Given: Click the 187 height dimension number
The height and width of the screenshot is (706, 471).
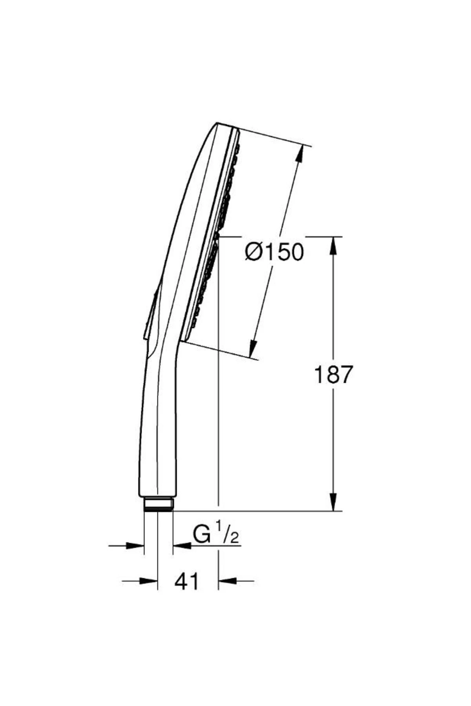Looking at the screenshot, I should click(334, 375).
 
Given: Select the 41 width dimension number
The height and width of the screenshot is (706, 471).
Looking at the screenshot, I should click(187, 581).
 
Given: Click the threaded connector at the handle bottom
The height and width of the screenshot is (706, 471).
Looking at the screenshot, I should click(158, 504).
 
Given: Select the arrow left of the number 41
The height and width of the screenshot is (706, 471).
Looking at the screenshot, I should click(149, 581).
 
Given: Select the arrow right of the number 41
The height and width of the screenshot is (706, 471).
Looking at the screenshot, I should click(227, 581).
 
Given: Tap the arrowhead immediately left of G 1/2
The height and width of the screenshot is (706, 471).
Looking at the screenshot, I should click(181, 545).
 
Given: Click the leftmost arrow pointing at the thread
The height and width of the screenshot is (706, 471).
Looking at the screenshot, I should click(135, 545).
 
